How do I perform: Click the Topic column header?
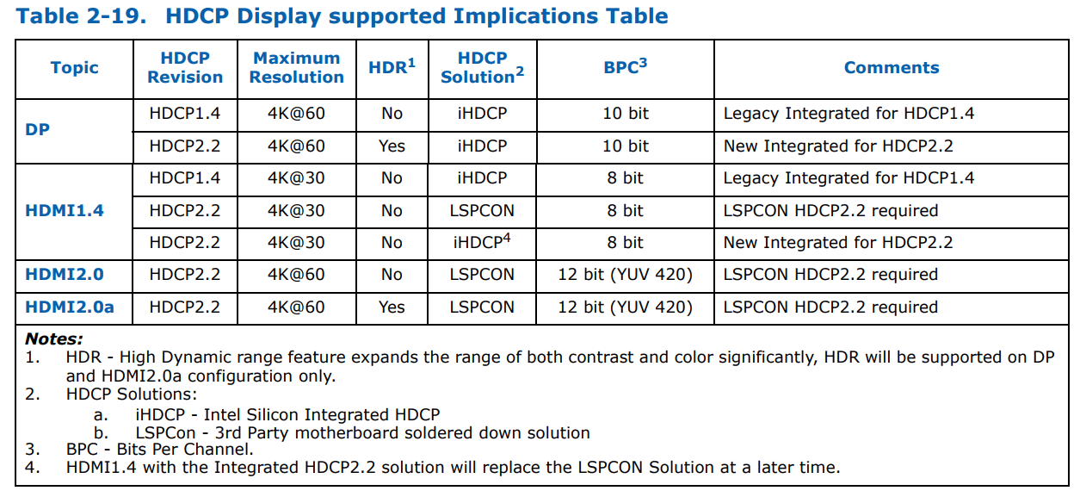74,67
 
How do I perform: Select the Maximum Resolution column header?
297,67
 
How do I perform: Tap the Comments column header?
892,67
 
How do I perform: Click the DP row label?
37,129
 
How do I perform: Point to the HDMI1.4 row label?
65,210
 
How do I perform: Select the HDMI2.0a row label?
70,307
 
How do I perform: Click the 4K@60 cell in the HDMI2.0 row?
296,274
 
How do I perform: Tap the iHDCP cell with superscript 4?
482,241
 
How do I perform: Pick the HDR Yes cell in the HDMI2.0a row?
392,307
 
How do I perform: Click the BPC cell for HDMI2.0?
625,275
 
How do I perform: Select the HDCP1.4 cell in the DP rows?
185,114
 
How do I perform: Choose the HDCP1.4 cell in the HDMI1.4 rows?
185,178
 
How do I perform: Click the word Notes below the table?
53,339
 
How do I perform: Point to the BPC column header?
626,66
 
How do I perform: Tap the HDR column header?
392,66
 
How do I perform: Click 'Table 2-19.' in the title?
81,16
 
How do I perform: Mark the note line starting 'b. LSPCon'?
342,432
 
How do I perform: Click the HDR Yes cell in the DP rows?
392,146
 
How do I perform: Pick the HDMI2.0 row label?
65,274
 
